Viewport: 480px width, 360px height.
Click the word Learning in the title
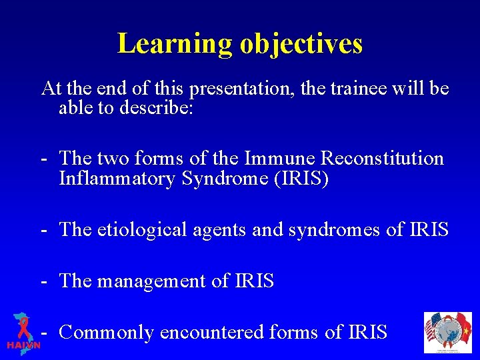point(175,43)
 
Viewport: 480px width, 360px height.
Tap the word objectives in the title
point(301,43)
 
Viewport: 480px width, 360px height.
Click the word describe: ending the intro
point(157,107)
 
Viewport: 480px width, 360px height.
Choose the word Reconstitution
point(383,159)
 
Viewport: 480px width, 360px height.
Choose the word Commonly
point(107,332)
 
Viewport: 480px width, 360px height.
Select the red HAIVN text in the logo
point(23,345)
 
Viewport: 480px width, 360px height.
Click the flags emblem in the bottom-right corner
point(447,331)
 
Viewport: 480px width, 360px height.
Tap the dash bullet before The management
point(43,281)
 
